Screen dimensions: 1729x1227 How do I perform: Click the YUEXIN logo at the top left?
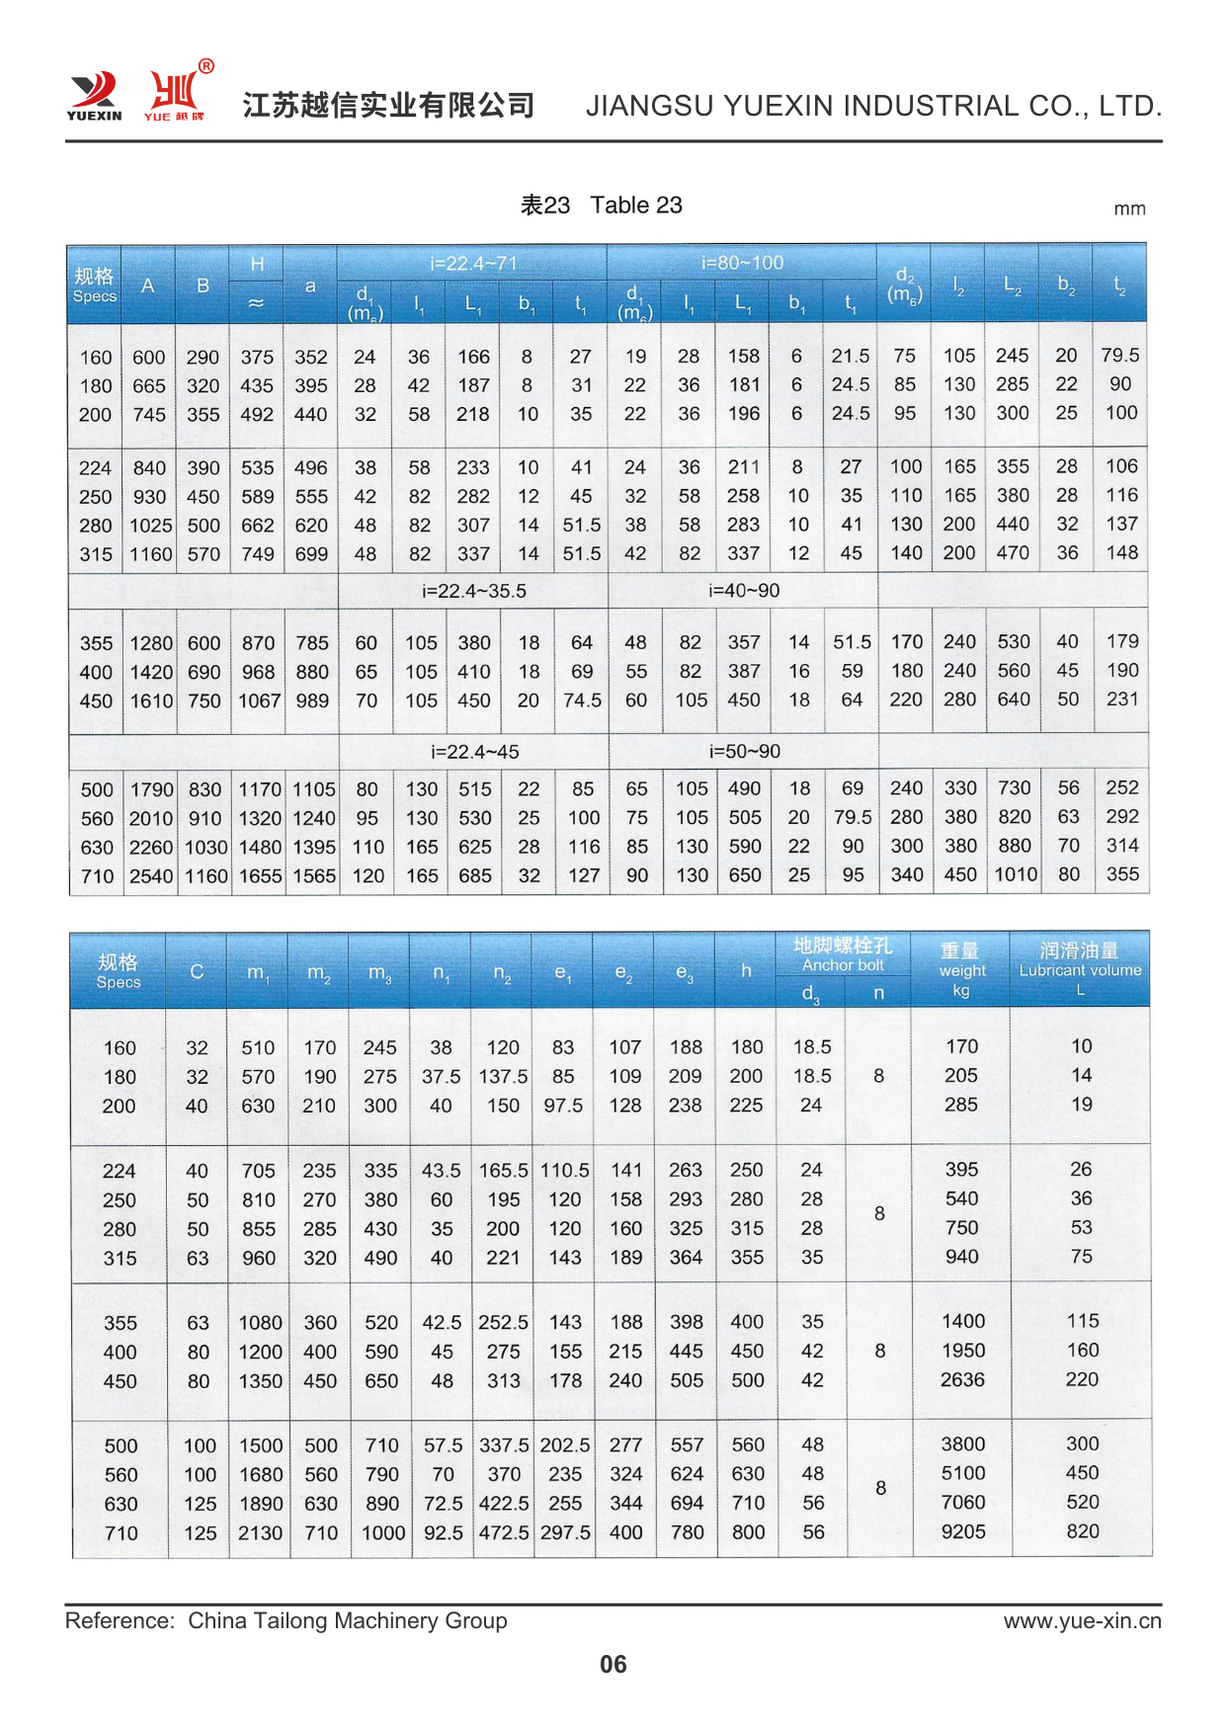coord(95,95)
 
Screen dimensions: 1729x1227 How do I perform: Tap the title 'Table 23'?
coord(635,206)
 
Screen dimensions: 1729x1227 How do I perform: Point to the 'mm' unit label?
coord(1129,208)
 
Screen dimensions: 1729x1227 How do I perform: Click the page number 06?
coord(613,1665)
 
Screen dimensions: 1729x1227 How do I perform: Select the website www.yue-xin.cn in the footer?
coord(1082,1621)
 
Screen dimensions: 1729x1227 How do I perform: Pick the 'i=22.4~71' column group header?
coord(473,264)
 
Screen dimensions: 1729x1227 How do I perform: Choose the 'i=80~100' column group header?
coord(742,264)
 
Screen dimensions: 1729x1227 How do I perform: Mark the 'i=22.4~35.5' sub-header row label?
coord(473,591)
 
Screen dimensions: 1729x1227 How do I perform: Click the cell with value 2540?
coord(151,875)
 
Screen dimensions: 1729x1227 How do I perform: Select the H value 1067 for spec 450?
coord(258,700)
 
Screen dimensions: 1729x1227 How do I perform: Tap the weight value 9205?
coord(962,1532)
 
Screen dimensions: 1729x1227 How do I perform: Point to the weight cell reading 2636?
coord(962,1379)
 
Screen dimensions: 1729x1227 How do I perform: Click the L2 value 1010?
coord(1015,874)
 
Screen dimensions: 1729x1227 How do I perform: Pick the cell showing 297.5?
coord(564,1532)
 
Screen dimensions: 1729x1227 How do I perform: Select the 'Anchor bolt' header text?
coord(843,965)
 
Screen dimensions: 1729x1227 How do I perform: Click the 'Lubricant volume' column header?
coord(1080,970)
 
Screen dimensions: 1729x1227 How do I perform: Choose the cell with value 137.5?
coord(503,1076)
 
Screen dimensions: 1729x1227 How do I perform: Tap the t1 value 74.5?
coord(582,700)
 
